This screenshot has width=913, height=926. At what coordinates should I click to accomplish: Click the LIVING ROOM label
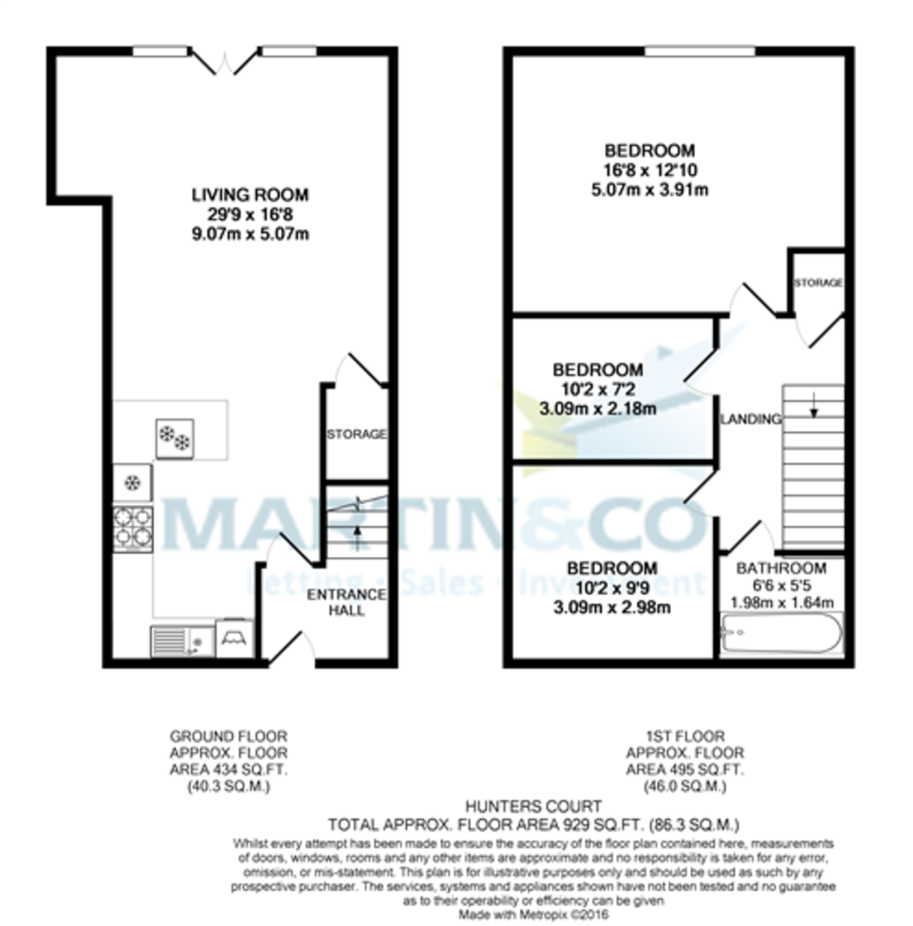pyautogui.click(x=249, y=195)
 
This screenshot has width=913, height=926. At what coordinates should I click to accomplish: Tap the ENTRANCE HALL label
pyautogui.click(x=346, y=602)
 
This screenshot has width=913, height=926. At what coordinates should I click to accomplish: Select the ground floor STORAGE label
pyautogui.click(x=356, y=434)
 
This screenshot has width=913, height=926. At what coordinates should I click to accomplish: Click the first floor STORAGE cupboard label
pyautogui.click(x=818, y=283)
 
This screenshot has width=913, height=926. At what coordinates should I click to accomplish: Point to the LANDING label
pyautogui.click(x=750, y=419)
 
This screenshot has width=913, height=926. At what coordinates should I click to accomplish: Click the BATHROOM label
pyautogui.click(x=781, y=569)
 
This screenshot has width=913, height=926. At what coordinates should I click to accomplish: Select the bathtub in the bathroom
pyautogui.click(x=781, y=634)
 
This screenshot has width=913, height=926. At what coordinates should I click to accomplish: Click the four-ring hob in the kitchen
pyautogui.click(x=133, y=529)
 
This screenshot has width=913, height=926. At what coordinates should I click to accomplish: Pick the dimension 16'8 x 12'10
pyautogui.click(x=650, y=171)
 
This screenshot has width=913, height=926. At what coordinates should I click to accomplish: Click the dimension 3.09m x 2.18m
pyautogui.click(x=597, y=408)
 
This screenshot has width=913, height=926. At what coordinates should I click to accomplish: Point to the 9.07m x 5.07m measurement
pyautogui.click(x=249, y=234)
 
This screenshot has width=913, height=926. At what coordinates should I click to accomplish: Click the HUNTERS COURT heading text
pyautogui.click(x=533, y=807)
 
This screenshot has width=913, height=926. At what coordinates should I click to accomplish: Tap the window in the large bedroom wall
pyautogui.click(x=700, y=51)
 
